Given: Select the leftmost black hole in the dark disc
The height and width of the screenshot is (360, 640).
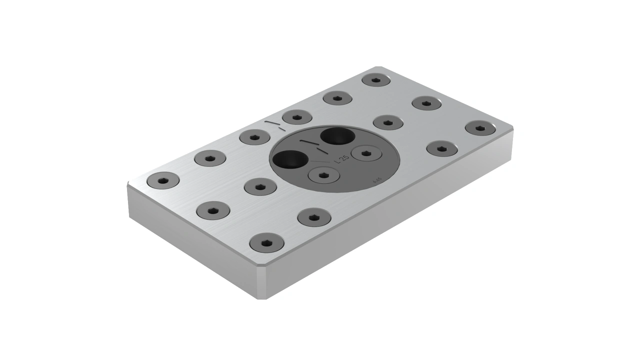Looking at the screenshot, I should point(290,159).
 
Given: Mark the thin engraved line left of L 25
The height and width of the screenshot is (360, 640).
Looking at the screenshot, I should point(320,161).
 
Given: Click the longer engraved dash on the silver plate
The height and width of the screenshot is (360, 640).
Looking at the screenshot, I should point(271,122).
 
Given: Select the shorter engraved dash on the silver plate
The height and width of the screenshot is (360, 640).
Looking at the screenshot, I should point(282,129).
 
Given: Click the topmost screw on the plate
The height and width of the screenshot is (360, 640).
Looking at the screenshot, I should point(376,79).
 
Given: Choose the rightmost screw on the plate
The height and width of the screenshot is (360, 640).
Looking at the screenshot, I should point(480,128).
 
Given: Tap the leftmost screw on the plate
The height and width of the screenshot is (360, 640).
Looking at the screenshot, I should point(163,180).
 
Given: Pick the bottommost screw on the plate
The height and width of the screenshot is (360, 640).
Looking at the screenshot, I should point(266,242).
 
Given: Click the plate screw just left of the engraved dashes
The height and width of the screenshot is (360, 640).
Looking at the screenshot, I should point(254,136).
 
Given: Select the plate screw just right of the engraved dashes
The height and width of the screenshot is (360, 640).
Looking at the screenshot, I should point(297,117).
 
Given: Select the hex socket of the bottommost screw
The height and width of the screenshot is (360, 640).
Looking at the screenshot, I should point(266,242).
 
